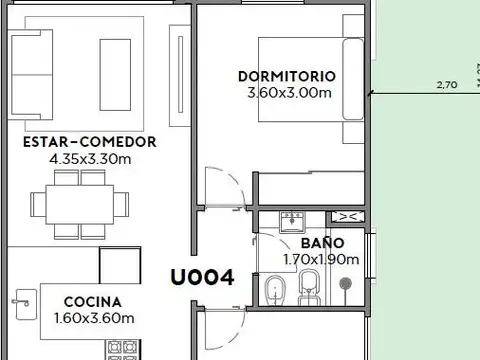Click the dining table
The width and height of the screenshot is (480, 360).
coord(80,203)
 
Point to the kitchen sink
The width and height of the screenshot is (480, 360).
coord(24,297)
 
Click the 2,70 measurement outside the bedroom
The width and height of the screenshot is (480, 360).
coord(447,85)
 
